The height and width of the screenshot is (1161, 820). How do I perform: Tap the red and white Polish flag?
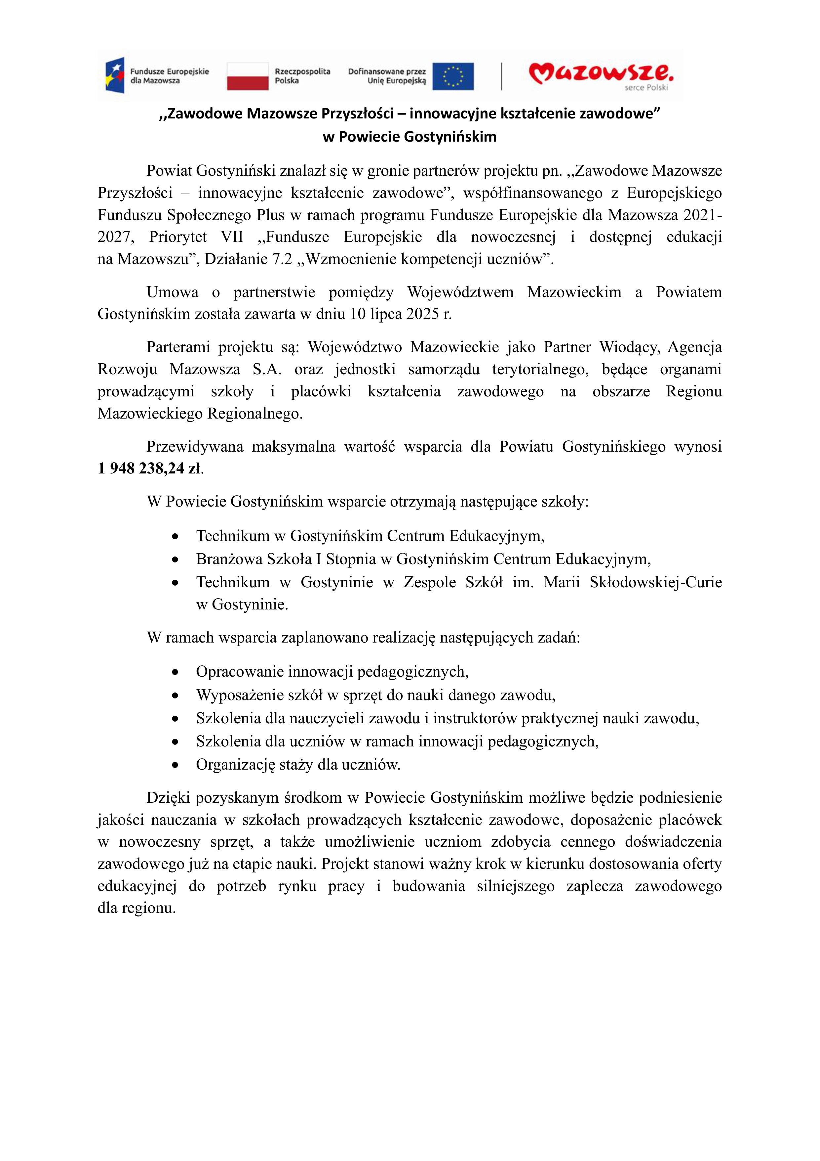point(247,76)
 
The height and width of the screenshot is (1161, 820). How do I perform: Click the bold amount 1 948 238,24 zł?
point(149,469)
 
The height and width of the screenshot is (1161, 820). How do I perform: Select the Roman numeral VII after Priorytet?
point(232,237)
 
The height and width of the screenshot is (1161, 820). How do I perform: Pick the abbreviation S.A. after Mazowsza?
point(266,370)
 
